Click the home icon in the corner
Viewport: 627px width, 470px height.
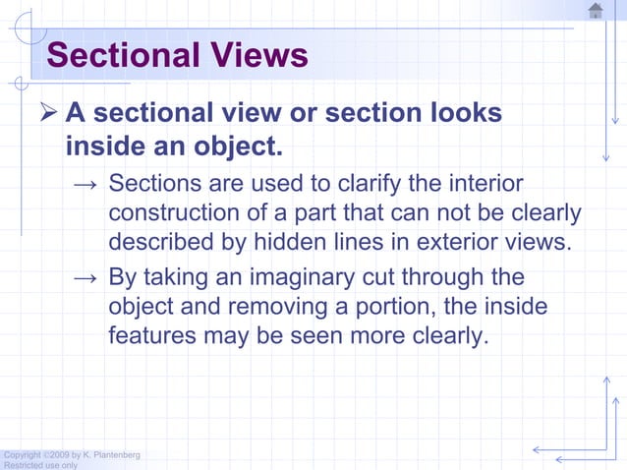(x=596, y=11)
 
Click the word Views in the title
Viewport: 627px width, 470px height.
(x=258, y=54)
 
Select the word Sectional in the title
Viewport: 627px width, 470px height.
(x=122, y=54)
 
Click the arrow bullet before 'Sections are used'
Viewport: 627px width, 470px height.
(x=85, y=186)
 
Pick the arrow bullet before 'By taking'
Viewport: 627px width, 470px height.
(x=85, y=279)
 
